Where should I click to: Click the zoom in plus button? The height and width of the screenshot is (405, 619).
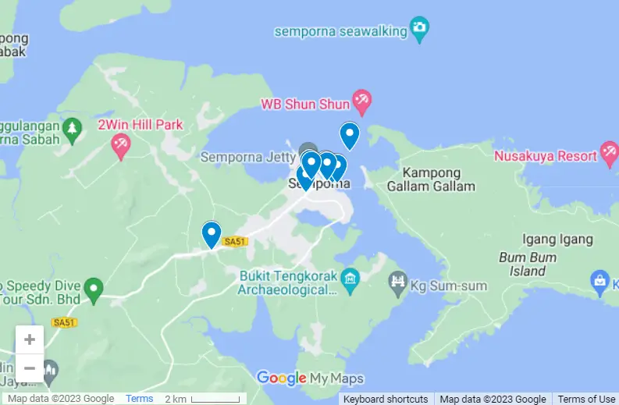tap(30, 339)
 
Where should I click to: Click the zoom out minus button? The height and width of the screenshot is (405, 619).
tap(30, 368)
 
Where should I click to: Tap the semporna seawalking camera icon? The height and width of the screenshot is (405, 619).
tap(420, 30)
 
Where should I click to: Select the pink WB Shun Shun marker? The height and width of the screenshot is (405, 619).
tap(361, 99)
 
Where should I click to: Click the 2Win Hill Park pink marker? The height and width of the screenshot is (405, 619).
tap(120, 144)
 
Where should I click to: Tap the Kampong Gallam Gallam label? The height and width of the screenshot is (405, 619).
tap(432, 179)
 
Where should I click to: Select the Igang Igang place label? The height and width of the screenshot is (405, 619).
tap(557, 240)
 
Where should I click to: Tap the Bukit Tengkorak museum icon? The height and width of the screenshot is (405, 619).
tap(350, 277)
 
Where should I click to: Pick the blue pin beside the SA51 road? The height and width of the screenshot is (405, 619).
tap(211, 234)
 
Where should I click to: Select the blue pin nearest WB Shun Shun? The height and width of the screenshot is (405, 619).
tap(349, 135)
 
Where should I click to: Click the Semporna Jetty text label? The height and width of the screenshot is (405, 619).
tap(247, 157)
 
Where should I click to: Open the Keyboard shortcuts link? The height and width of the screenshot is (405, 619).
tap(385, 399)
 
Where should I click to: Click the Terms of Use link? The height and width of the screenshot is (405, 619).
tap(586, 399)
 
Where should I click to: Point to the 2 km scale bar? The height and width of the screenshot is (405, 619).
tap(215, 399)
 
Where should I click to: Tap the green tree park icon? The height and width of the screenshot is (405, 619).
tap(73, 128)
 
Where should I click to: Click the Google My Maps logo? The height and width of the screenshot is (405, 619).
tap(310, 378)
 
